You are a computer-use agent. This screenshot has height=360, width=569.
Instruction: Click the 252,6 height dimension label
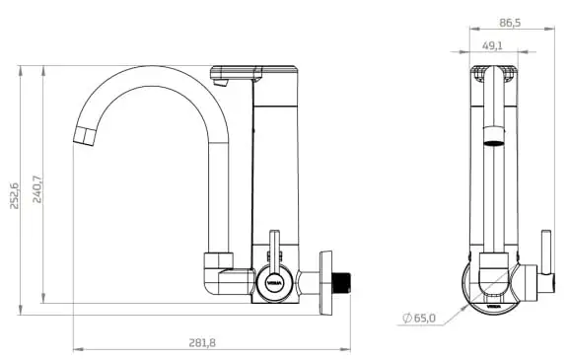14,196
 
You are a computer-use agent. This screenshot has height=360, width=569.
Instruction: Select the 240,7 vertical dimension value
37,189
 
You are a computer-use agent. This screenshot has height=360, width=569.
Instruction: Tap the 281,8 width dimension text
202,343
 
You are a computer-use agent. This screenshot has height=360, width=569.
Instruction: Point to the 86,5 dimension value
510,23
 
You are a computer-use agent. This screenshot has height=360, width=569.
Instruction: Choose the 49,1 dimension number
492,45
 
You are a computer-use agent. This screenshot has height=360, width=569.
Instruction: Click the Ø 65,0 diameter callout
419,319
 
